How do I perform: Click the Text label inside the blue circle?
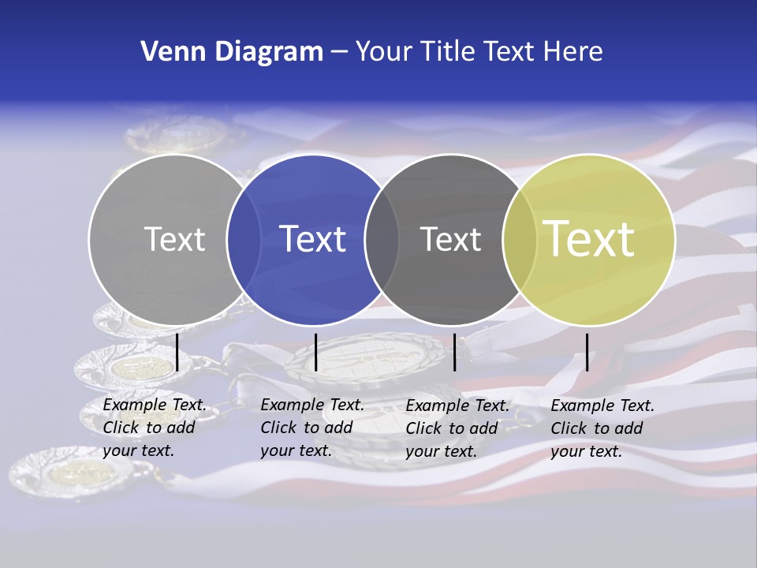pos(313,239)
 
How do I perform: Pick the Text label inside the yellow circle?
pos(589,239)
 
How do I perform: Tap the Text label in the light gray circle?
pos(174,239)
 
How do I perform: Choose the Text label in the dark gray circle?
pos(450,239)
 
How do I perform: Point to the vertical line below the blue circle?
pos(315,352)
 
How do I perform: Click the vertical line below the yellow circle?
pos(587,352)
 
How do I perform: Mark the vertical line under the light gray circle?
pos(177,352)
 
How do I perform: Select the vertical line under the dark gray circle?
pos(454,352)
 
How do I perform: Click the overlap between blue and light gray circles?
pos(244,239)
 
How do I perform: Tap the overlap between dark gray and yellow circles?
pos(520,239)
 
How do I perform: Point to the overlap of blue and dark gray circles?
pos(382,239)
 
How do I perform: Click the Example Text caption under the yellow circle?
pos(602,428)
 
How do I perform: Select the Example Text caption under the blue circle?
pos(312,428)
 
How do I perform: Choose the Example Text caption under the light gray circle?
pos(155,428)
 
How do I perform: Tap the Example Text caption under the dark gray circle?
pos(457,428)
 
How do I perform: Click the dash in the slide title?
pos(339,52)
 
